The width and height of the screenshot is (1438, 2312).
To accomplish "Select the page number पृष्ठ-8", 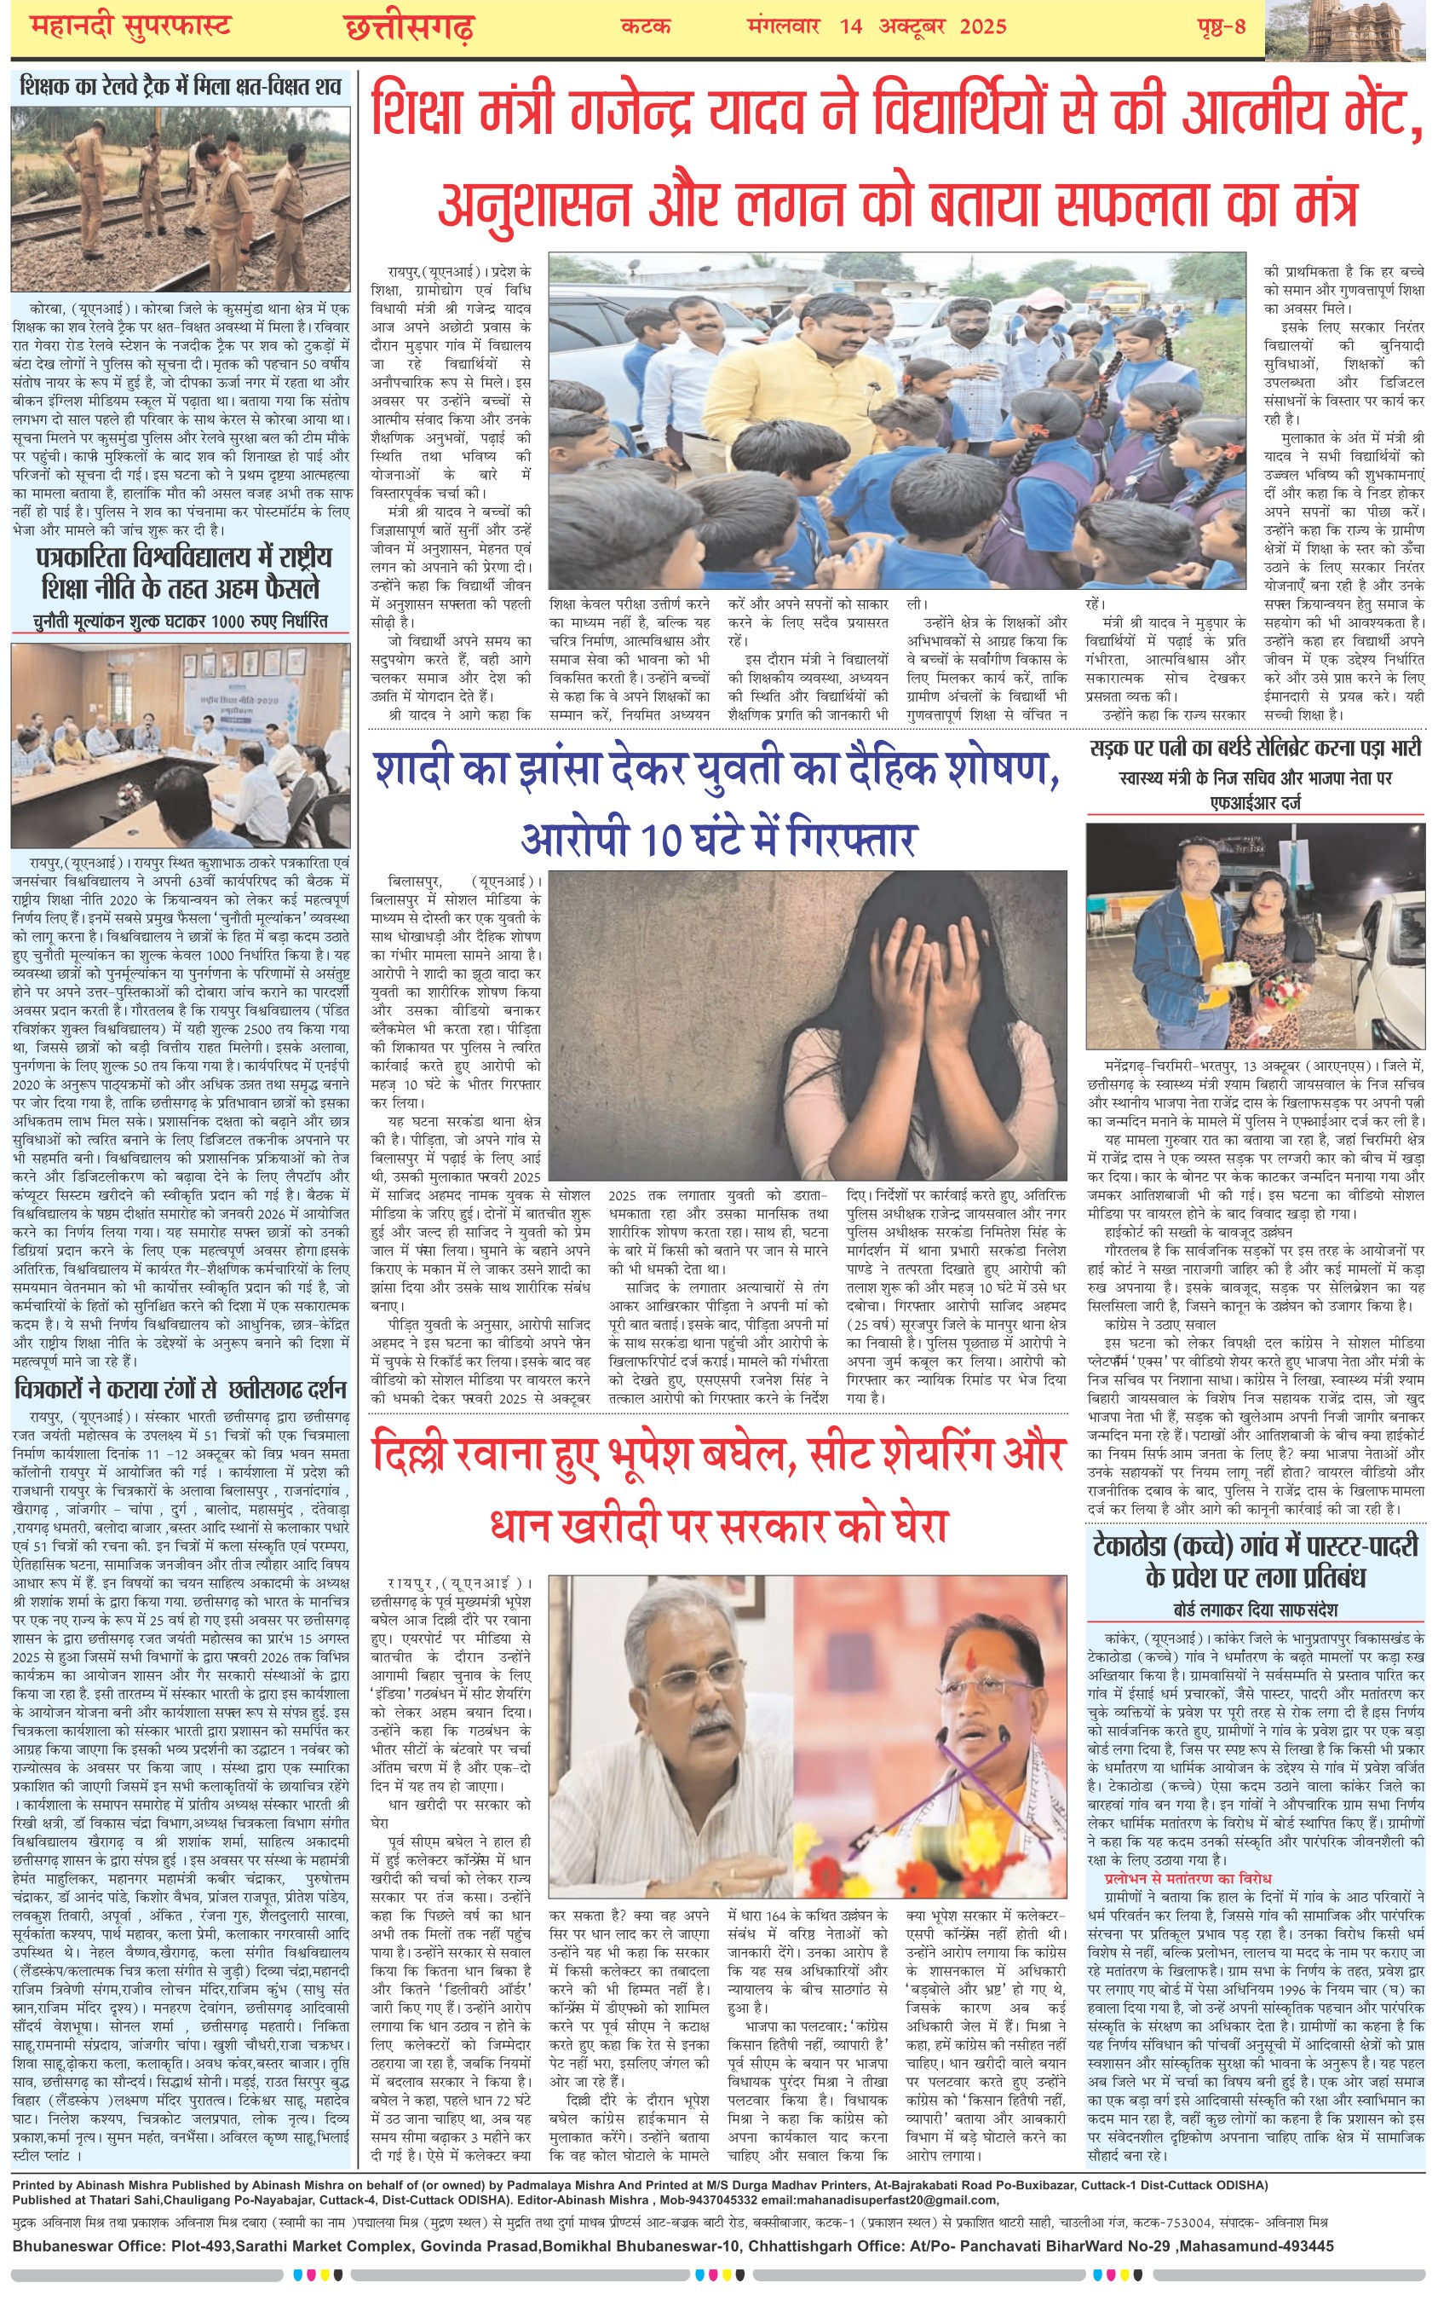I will (x=1220, y=26).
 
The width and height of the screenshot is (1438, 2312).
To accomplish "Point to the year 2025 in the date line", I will (x=982, y=26).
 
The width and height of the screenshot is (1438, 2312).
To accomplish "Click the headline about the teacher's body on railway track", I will (x=181, y=88).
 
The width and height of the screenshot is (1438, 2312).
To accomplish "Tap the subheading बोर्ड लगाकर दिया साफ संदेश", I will (x=1255, y=1609).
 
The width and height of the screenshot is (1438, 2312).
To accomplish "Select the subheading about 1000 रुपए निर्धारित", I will (x=181, y=621).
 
